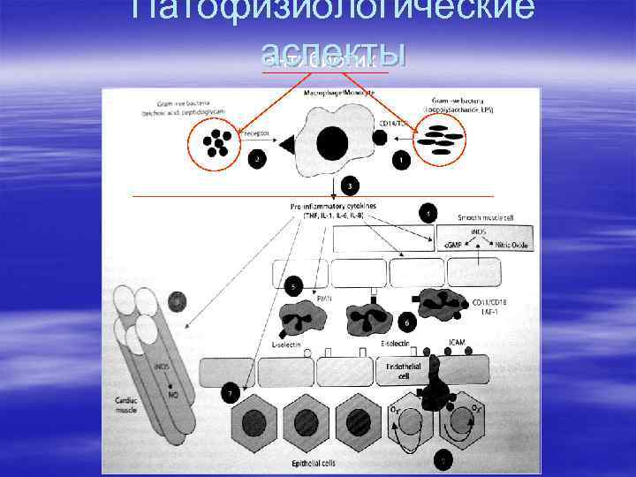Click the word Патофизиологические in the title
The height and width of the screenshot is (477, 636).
click(332, 11)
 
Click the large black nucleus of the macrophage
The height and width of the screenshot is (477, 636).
click(332, 144)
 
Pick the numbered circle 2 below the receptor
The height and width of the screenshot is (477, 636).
click(257, 160)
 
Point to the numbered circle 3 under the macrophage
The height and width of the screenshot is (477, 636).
click(352, 186)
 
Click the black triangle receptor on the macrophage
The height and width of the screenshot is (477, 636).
click(286, 145)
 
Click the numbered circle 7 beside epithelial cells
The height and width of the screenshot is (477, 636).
click(231, 390)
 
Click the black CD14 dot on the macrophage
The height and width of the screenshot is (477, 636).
click(379, 139)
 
